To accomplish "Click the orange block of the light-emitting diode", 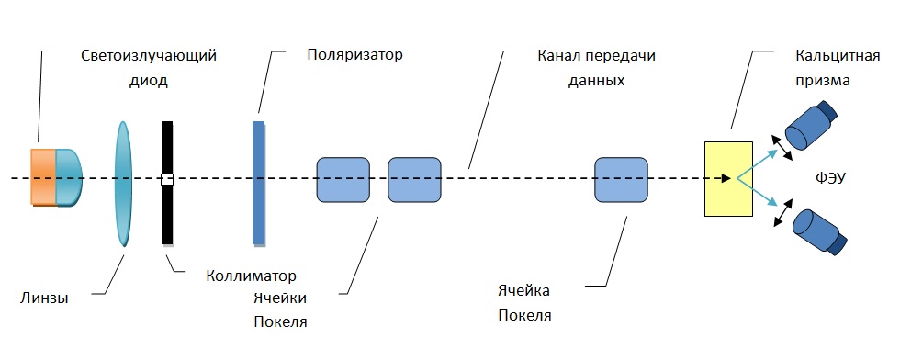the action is tap(44, 177).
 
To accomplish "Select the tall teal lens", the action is tap(123, 184).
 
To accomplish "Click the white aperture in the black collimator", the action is tap(167, 179).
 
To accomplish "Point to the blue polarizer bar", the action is tap(259, 183).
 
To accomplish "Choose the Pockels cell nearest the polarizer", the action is tap(343, 180).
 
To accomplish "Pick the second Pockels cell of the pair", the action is tap(414, 180).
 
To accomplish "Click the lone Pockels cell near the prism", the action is tap(621, 180).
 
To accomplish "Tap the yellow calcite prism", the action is tap(728, 178).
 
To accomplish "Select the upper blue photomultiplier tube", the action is tap(810, 124).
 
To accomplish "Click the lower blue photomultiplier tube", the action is tap(818, 232).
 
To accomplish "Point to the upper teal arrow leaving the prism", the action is tap(757, 164).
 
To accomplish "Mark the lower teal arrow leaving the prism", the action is tap(757, 192).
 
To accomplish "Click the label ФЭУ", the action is tap(830, 178).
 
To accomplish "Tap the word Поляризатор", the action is tap(354, 55).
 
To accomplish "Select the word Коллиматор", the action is tap(252, 276).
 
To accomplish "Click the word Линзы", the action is tap(44, 298).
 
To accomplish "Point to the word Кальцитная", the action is tap(838, 56).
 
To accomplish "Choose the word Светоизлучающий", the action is tap(149, 56).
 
